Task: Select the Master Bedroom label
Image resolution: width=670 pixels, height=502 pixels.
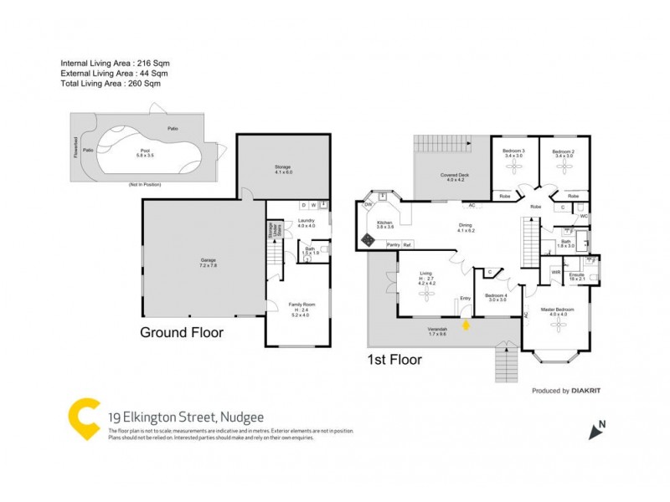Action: point(557,310)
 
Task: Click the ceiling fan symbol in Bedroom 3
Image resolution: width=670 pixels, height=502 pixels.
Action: point(513,166)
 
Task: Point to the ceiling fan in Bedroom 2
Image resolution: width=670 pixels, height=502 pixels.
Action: point(563,166)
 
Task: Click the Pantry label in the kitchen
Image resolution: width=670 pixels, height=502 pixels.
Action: point(392,244)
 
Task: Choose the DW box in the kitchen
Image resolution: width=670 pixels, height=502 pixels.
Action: point(368,204)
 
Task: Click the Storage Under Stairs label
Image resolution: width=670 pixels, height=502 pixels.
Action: point(271,230)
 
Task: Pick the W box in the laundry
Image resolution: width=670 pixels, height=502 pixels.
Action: point(312,205)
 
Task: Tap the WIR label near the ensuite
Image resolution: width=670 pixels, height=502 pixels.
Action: point(555,272)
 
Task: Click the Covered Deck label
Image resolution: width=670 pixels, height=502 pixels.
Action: point(456,176)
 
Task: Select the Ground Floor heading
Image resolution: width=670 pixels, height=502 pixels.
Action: point(182,332)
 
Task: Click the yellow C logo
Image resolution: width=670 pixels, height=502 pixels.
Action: point(84,418)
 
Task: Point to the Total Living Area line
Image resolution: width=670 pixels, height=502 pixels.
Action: point(110,83)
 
